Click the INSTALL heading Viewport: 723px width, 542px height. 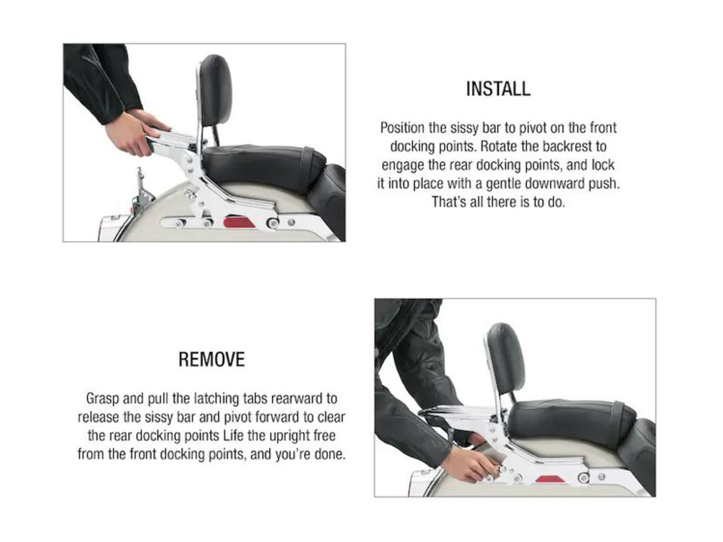[x=498, y=89]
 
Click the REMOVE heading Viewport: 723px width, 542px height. [x=211, y=359]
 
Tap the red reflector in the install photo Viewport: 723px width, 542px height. [x=239, y=222]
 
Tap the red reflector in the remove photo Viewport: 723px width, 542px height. [x=550, y=478]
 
